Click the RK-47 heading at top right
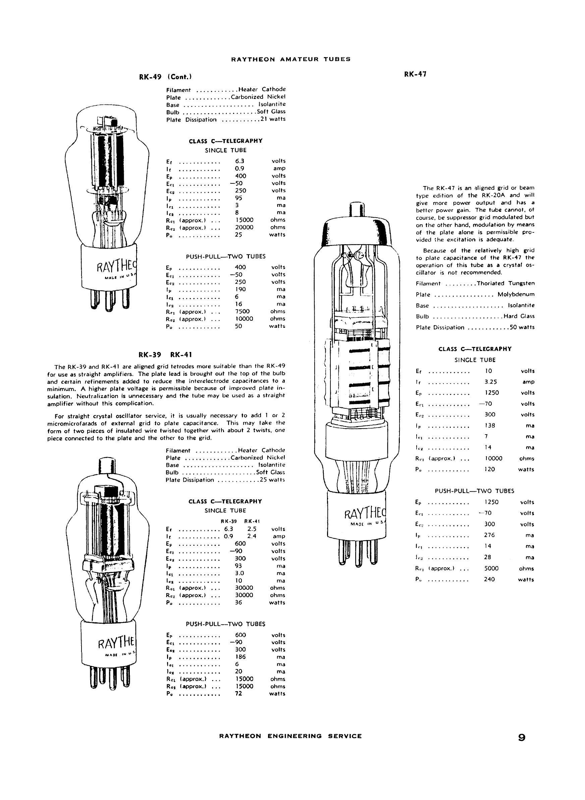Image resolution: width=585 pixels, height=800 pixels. click(x=415, y=75)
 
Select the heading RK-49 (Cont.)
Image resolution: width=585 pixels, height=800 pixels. click(x=166, y=77)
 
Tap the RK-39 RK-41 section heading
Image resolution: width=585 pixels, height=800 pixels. click(x=166, y=354)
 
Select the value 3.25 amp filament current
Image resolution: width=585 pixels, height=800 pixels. click(x=490, y=382)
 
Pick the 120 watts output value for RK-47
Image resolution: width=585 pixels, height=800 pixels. click(x=490, y=469)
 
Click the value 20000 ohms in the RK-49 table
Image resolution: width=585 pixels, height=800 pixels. click(x=244, y=227)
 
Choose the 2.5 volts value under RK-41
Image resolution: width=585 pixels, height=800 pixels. click(x=252, y=529)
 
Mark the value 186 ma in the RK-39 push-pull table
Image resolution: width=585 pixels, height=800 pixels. click(x=241, y=657)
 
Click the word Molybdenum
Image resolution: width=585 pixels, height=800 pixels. click(x=516, y=294)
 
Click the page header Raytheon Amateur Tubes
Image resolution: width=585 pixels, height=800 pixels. click(x=290, y=59)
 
